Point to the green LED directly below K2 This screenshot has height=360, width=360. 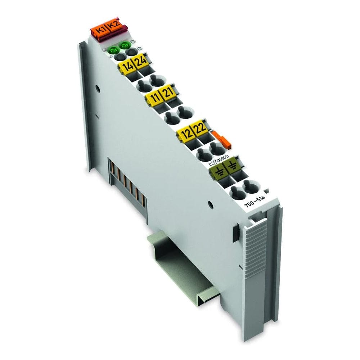point(125,46)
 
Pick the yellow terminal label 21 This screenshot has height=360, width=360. point(168,93)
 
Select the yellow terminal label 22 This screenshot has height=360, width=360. point(200,129)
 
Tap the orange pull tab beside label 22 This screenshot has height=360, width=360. point(221,139)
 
